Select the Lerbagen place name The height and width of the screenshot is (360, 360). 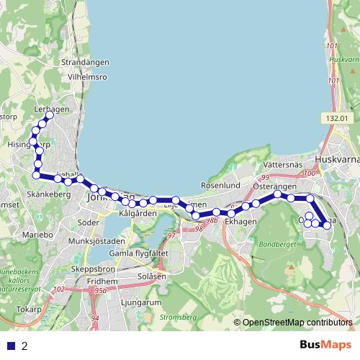pos(51,109)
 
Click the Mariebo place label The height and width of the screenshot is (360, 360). pos(37,235)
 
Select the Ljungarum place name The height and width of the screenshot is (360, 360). pos(141,303)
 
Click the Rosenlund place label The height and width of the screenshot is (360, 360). pos(220,186)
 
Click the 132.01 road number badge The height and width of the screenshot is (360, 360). pos(336,118)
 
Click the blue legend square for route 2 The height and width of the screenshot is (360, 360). pos(11,346)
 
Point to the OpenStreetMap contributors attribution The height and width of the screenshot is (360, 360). pos(297,323)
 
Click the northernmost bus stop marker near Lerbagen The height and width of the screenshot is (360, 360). pos(50,115)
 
